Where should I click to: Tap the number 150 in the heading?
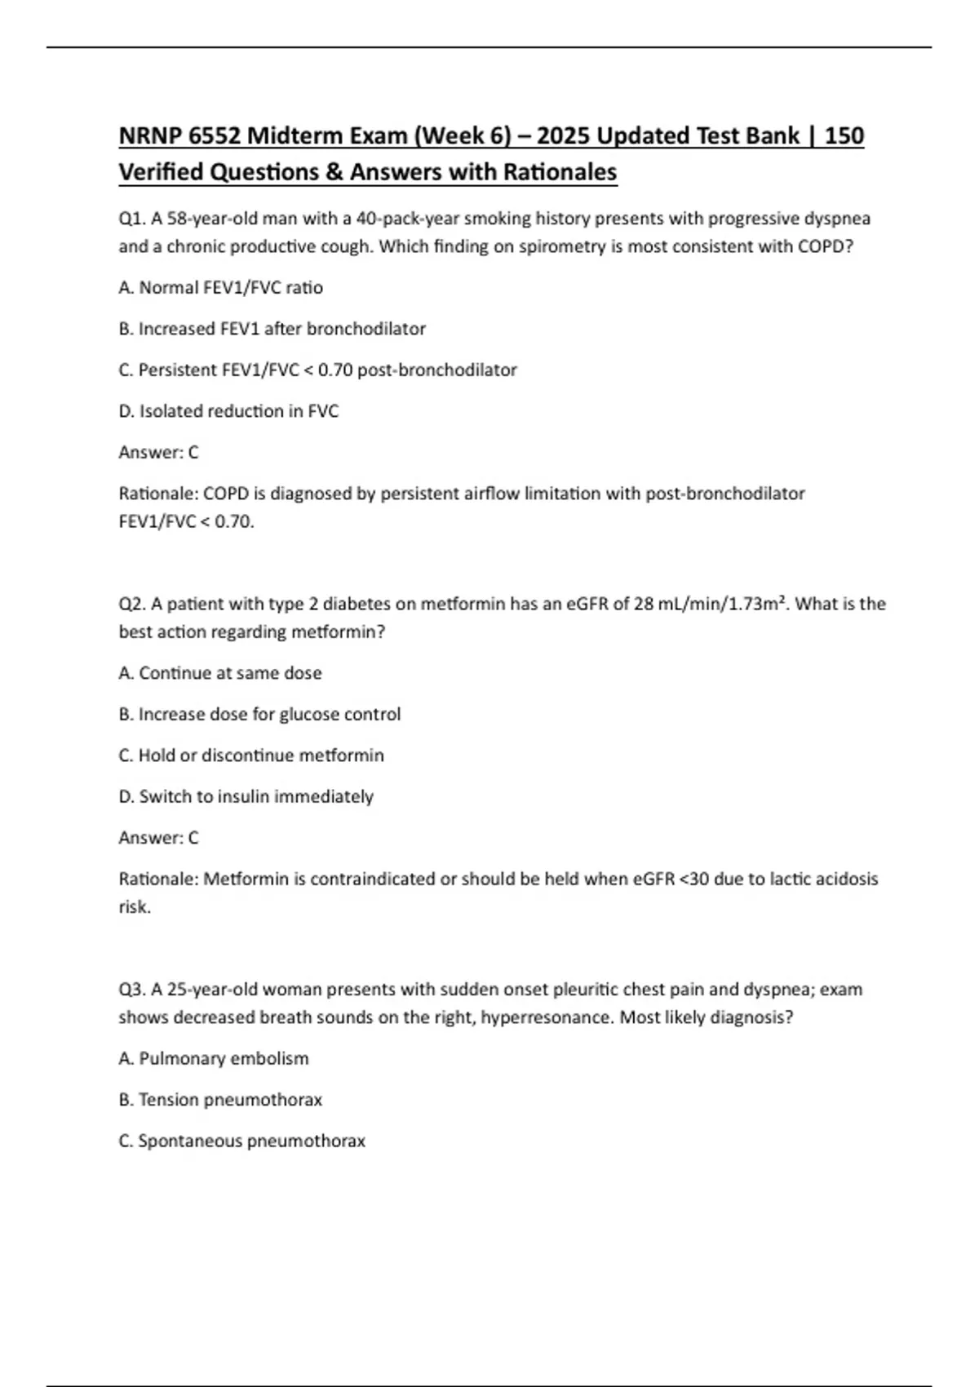(844, 135)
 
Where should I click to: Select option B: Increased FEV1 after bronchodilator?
(272, 329)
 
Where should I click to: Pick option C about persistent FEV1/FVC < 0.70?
(317, 370)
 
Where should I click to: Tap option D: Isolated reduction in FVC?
(228, 411)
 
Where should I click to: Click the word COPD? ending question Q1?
(825, 246)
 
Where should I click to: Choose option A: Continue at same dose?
(220, 673)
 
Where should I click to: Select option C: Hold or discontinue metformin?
(251, 756)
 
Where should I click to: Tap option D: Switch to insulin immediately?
(246, 796)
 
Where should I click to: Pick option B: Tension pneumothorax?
(220, 1100)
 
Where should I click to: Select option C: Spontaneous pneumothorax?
(241, 1141)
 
